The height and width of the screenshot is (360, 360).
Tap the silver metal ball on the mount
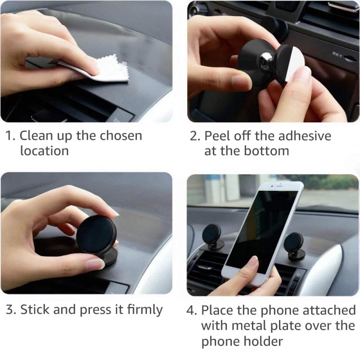265,59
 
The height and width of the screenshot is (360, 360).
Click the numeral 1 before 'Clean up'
9,136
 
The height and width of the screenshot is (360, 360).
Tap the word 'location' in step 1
44,151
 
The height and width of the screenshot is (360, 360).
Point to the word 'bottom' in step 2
266,151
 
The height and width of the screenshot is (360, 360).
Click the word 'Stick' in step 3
35,310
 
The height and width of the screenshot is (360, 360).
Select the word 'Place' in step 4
218,310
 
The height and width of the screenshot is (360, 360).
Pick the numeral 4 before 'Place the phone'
191,310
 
